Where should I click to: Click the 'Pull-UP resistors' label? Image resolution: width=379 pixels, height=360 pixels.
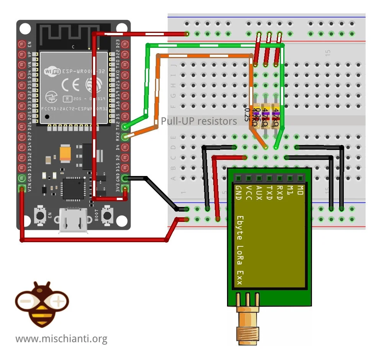pyautogui.click(x=199, y=121)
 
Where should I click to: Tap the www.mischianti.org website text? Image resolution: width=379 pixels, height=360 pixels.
pyautogui.click(x=61, y=339)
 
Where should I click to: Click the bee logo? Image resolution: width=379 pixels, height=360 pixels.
pyautogui.click(x=42, y=304)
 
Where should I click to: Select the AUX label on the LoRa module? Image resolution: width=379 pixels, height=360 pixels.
pyautogui.click(x=259, y=193)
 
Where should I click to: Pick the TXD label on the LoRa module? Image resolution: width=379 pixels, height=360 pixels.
pyautogui.click(x=269, y=193)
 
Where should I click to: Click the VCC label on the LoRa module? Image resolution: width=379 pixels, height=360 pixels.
pyautogui.click(x=249, y=193)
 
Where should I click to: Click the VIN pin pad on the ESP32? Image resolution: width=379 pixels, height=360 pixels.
pyautogui.click(x=22, y=188)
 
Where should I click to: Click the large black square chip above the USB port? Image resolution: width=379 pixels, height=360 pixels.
pyautogui.click(x=73, y=189)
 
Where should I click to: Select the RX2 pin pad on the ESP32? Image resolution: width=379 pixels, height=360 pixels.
pyautogui.click(x=124, y=137)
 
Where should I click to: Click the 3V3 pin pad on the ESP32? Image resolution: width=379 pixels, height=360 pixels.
pyautogui.click(x=124, y=188)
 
